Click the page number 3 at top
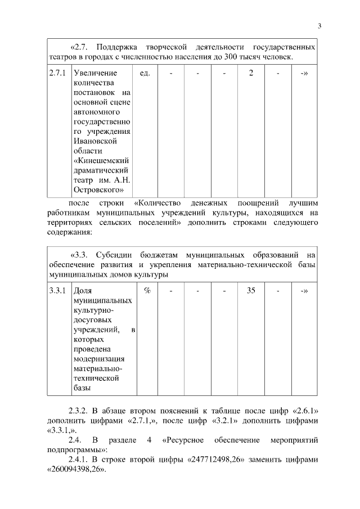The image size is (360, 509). pos(319,25)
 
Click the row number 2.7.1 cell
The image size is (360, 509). pos(57,73)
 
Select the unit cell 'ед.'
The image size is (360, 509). pos(144,73)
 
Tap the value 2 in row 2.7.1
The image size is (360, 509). pos(251,73)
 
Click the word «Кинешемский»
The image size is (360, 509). pos(102,161)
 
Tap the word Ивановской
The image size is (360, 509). pos(95,142)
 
